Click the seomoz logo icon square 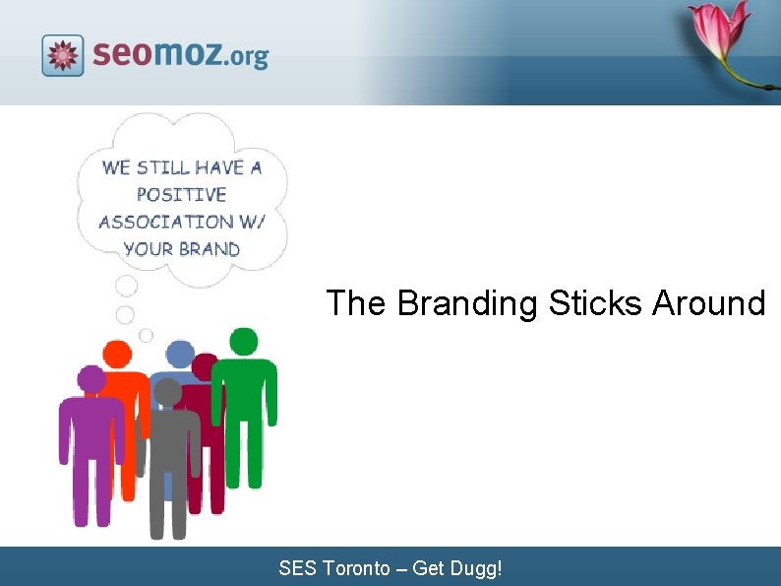(63, 55)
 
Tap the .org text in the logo (246, 57)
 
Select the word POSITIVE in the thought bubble (181, 194)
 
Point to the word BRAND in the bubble (209, 248)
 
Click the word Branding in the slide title (467, 302)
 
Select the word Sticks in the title (595, 302)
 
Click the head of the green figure (244, 342)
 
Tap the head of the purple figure (91, 379)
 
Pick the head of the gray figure (168, 392)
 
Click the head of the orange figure (117, 354)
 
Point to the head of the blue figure (180, 354)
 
